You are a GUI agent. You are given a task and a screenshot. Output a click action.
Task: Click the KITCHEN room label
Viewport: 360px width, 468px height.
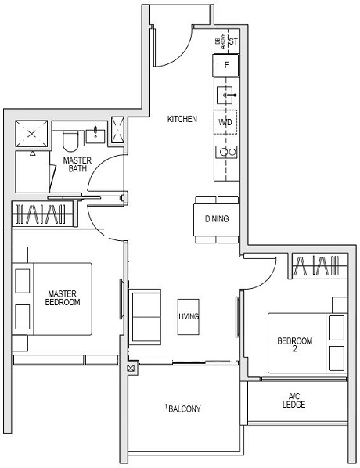click(182, 120)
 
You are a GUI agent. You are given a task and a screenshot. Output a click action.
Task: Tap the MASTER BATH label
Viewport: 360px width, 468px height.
click(77, 165)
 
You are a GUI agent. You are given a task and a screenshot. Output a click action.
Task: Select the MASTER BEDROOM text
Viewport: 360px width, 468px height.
click(63, 297)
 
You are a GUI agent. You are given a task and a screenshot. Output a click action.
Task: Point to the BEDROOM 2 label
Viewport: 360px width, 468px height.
click(295, 345)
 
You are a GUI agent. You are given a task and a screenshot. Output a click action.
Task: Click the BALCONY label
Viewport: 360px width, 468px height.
click(185, 409)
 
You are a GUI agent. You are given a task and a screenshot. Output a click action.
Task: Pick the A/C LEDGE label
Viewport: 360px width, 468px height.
click(294, 401)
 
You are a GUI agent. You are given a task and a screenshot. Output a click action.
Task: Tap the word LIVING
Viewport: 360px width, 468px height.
click(189, 317)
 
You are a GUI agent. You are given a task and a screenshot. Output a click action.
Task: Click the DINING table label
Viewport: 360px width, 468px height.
click(217, 219)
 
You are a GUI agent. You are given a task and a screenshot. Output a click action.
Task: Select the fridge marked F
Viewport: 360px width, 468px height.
click(226, 66)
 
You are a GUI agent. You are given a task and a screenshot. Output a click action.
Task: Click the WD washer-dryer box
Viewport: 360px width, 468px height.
click(225, 122)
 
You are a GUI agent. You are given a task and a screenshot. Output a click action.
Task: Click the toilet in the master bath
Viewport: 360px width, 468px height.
click(70, 141)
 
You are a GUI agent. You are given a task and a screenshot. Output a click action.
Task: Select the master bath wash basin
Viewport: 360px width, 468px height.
click(95, 134)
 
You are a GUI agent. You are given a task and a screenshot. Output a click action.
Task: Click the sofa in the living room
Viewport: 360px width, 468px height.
click(145, 317)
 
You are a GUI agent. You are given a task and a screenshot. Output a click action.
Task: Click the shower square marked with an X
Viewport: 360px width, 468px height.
click(33, 134)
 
